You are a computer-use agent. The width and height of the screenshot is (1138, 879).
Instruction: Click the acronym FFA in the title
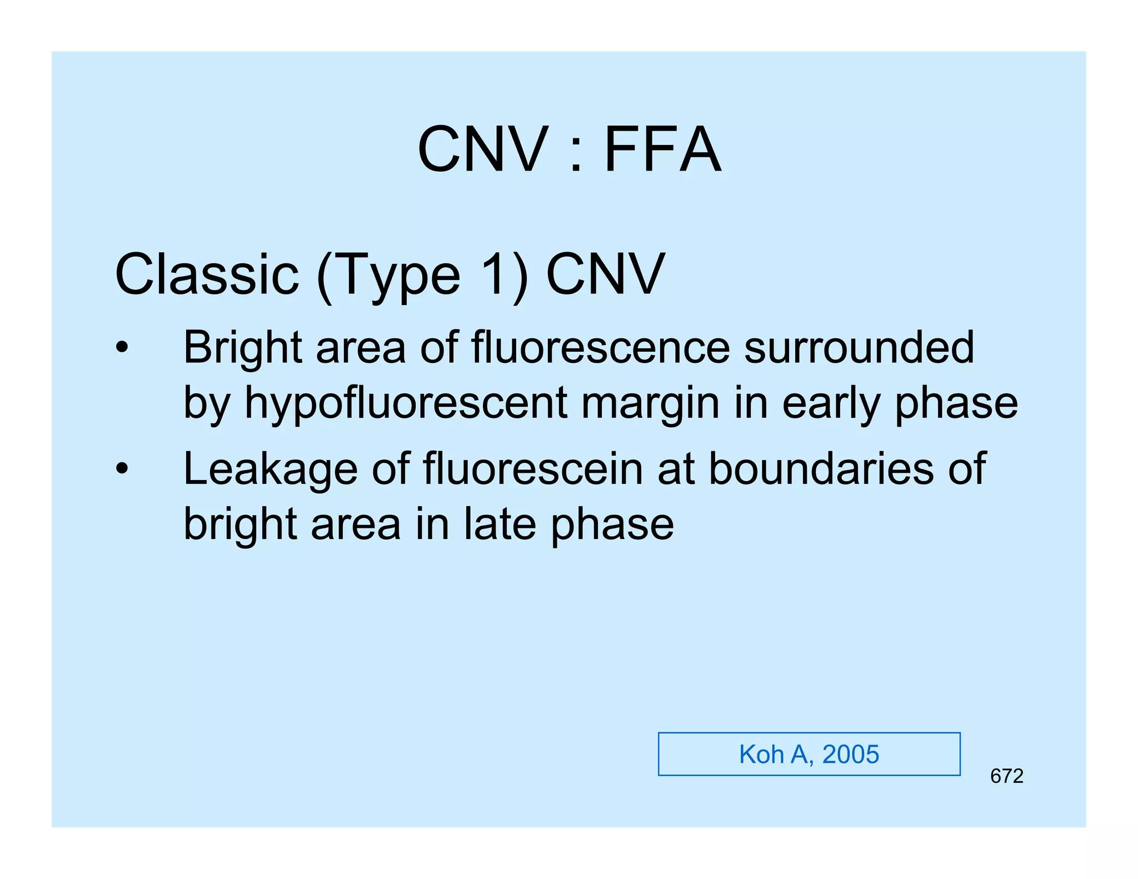click(662, 149)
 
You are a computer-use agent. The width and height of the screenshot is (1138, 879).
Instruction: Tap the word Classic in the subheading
click(207, 274)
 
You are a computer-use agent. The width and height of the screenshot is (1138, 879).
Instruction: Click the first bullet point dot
click(122, 348)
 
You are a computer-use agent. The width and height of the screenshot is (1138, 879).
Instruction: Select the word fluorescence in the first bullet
click(600, 347)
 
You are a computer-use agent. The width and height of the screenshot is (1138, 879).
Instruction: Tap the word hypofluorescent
click(406, 404)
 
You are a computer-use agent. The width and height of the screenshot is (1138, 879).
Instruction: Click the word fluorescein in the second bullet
click(533, 468)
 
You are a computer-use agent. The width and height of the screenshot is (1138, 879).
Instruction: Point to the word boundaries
click(821, 468)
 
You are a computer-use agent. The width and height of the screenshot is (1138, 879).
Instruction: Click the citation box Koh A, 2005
click(808, 754)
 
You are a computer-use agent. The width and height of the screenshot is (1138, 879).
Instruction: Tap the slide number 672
click(1006, 776)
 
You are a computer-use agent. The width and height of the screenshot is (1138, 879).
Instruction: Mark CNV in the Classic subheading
click(606, 274)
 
